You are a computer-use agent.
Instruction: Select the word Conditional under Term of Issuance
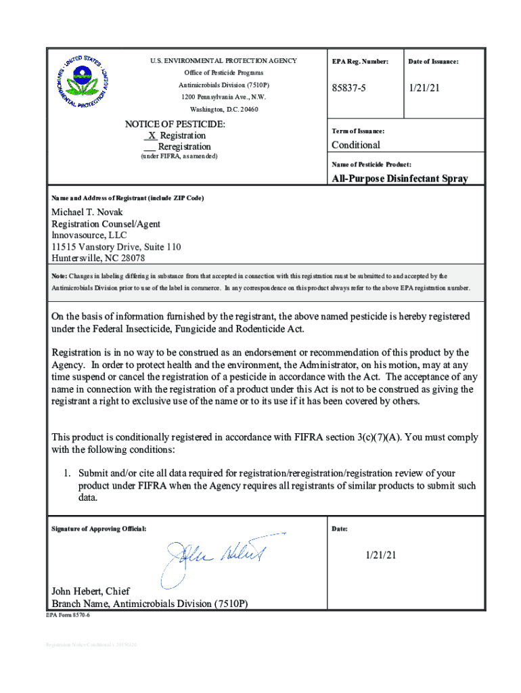point(355,145)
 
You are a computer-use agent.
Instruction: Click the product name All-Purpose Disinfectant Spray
point(399,179)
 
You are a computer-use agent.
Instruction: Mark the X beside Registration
point(152,135)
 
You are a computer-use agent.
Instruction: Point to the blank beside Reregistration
point(150,147)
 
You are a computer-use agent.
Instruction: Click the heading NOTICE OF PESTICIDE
point(175,125)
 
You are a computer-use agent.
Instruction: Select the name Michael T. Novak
point(87,212)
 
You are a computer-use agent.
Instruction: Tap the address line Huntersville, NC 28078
point(98,258)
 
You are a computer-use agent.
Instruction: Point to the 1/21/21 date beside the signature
point(380,555)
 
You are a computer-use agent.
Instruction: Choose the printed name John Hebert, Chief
point(91,591)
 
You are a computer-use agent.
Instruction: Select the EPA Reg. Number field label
point(360,62)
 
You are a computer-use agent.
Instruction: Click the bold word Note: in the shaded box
point(60,276)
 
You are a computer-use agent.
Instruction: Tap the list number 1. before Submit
point(67,473)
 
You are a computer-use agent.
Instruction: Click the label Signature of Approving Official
point(99,528)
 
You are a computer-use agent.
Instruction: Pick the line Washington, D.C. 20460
point(223,109)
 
